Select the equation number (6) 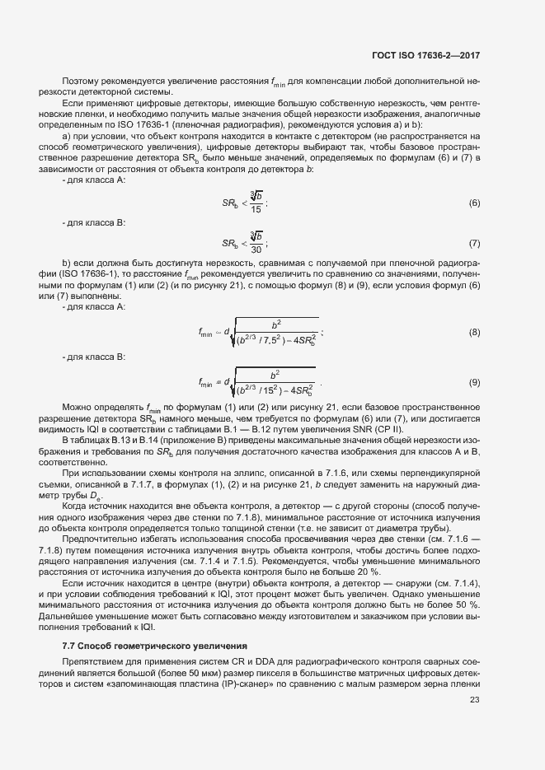[474, 203]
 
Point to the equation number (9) [474, 382]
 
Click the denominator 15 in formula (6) [256, 209]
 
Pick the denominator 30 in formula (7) [256, 250]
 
